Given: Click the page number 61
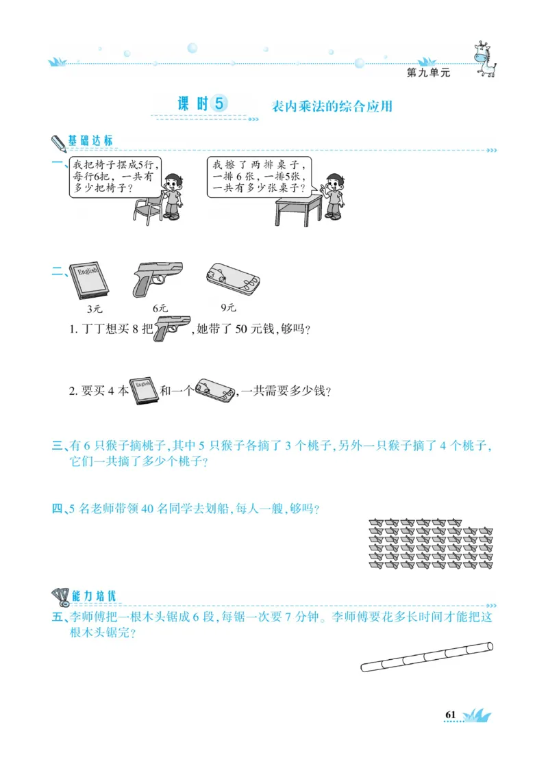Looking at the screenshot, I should (450, 715).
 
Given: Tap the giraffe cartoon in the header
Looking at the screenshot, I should (485, 57).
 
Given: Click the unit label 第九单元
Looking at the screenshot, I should (429, 73).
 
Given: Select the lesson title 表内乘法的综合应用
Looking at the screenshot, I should (332, 107).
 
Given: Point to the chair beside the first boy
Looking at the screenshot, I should (147, 208).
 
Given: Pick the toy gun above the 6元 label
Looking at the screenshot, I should (157, 278).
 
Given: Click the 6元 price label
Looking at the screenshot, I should (160, 308).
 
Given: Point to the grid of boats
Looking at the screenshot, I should (431, 543).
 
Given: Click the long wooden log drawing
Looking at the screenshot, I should (427, 657).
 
